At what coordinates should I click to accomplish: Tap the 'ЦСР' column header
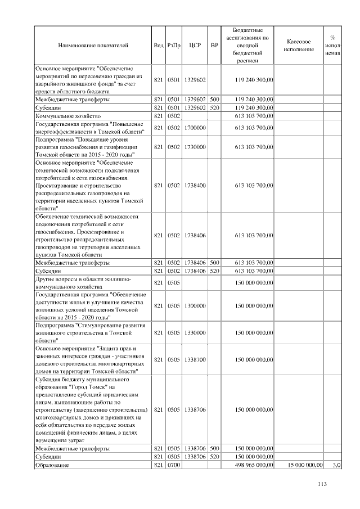pos(195,45)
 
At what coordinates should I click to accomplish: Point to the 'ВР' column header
pos(214,45)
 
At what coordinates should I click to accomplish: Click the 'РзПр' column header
pos(173,45)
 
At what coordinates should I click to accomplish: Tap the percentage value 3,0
pos(337,465)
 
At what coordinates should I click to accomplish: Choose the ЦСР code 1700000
pos(195,128)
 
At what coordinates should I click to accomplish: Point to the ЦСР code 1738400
pos(195,185)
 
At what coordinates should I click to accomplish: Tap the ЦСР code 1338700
pos(195,359)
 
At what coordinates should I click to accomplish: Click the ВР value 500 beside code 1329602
pos(214,99)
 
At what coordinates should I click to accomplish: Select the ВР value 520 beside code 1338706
pos(214,457)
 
